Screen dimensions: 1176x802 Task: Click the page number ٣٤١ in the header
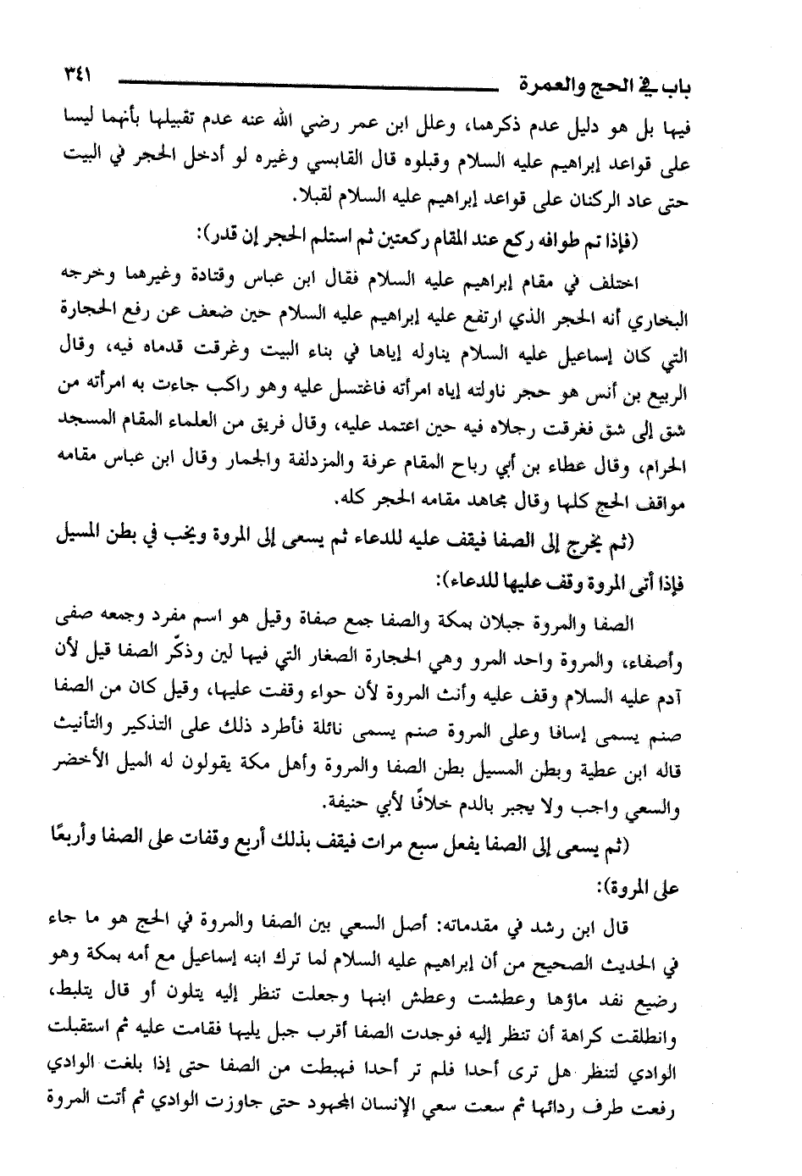(x=74, y=75)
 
